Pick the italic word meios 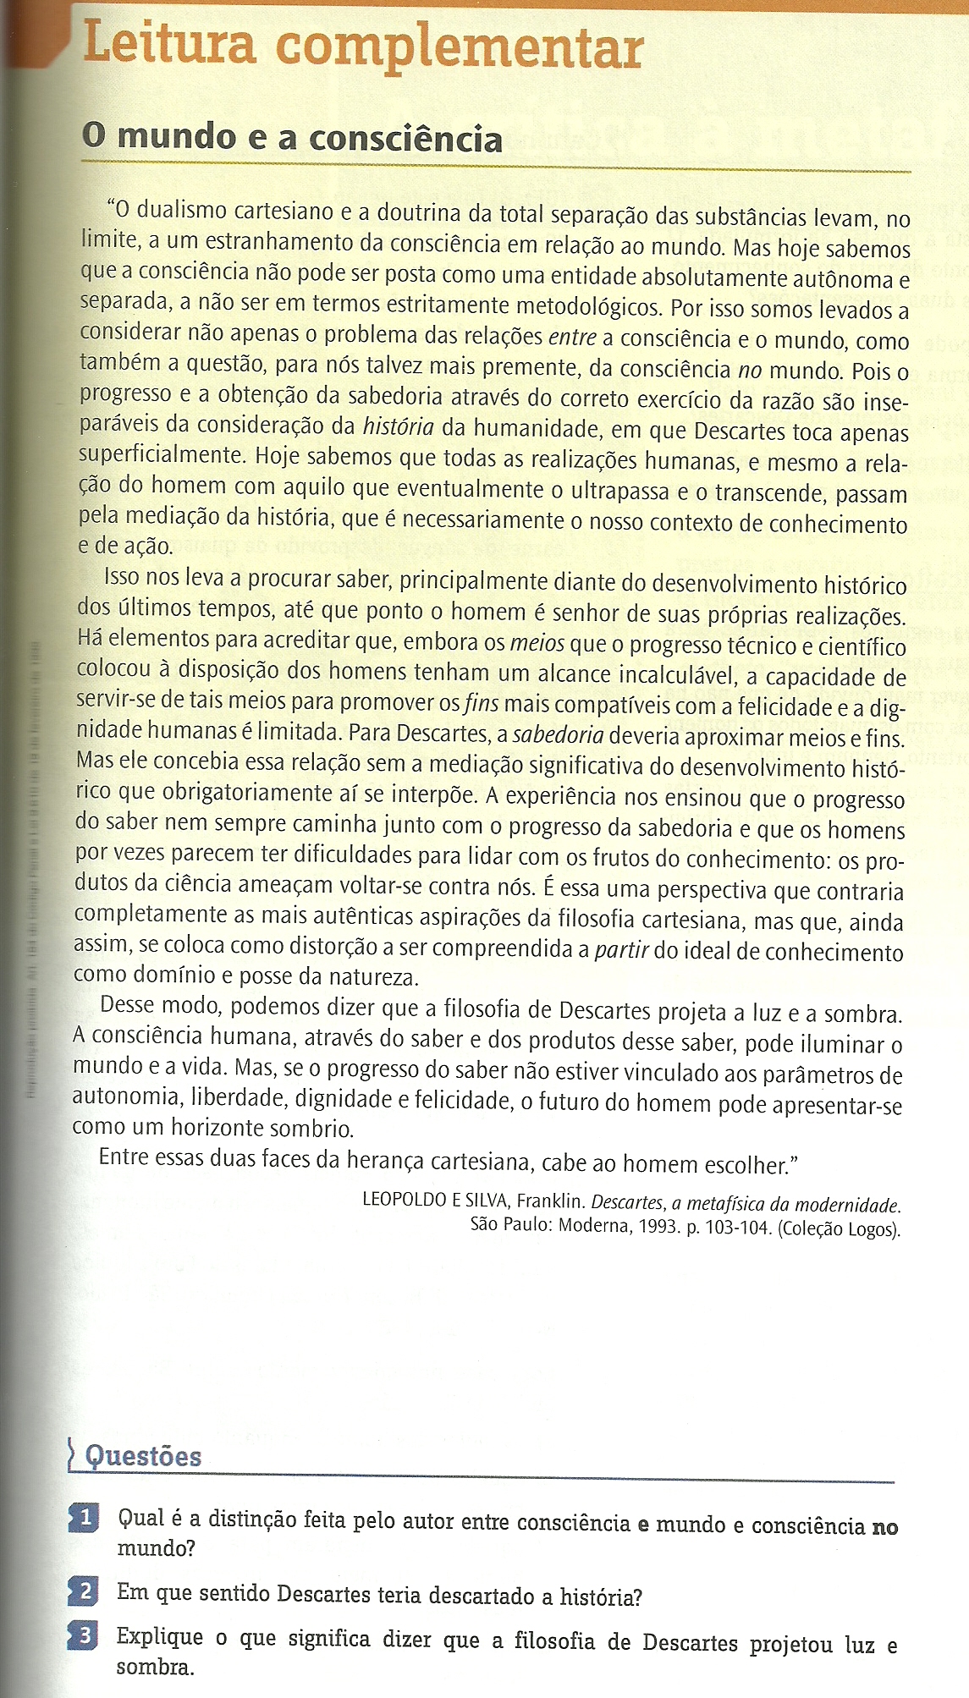coord(537,643)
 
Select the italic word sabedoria coord(559,734)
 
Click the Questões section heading coord(143,1456)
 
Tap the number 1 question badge coord(85,1517)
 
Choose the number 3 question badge coord(85,1635)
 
